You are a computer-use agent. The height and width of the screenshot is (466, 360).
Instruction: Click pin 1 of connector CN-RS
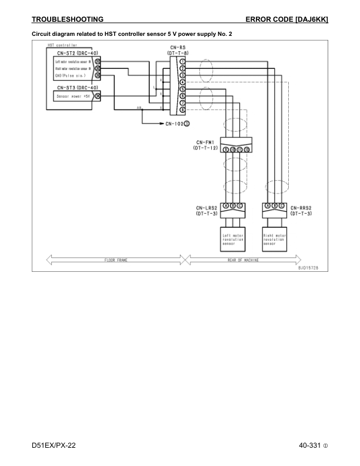[183, 62]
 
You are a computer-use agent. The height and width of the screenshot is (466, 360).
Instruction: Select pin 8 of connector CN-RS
[183, 110]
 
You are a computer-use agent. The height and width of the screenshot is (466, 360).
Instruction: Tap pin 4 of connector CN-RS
[183, 82]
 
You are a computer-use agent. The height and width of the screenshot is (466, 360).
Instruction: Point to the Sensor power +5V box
[74, 96]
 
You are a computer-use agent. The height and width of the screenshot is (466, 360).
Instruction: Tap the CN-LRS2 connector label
[206, 210]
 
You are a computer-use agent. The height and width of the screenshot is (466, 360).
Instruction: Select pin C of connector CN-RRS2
[282, 206]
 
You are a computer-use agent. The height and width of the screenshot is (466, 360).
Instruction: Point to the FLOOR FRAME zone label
[116, 259]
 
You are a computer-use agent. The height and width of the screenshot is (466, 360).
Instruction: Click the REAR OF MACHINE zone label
[244, 259]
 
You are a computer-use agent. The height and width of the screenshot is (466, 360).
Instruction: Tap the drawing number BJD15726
[308, 268]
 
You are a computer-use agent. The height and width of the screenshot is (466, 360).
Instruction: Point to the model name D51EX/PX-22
[54, 446]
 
